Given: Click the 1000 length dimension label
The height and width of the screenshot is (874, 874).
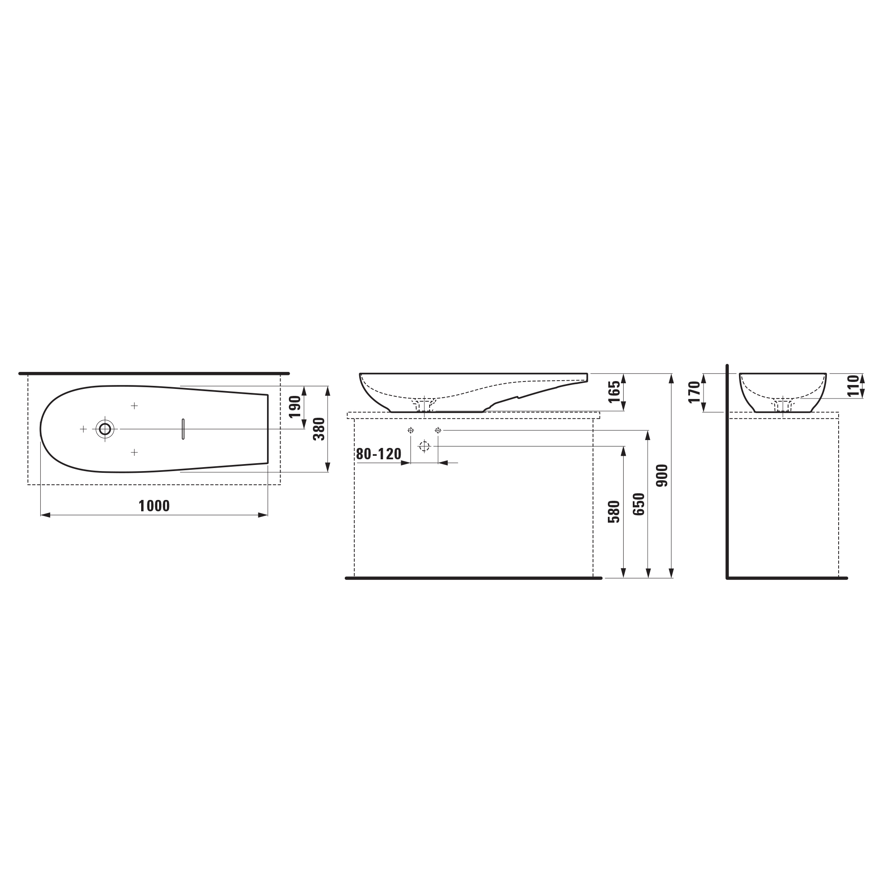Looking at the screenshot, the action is click(x=154, y=506).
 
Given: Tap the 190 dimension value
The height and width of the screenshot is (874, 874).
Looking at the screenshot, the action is click(x=295, y=407).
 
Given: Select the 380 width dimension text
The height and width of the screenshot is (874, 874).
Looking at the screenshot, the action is click(x=319, y=429).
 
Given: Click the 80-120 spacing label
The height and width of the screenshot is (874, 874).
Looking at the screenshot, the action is click(x=378, y=454).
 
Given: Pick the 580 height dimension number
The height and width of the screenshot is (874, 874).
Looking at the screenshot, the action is click(x=614, y=512).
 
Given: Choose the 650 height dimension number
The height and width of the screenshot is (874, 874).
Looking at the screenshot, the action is click(x=638, y=504).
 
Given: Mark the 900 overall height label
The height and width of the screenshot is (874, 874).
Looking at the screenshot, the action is click(x=662, y=475).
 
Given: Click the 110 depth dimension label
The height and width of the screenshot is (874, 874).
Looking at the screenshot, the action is click(x=853, y=385).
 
